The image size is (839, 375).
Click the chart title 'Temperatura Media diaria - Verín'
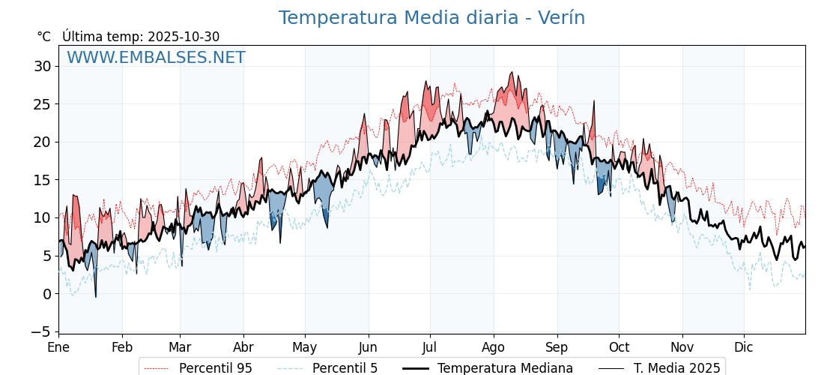pos(431,18)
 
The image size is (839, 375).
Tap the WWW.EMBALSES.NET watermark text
pos(156,58)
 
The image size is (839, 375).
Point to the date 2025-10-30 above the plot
pos(184,37)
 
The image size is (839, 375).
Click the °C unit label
pos(43,37)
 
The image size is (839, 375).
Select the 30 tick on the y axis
pos(42,66)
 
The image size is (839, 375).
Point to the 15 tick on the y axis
pos(42,180)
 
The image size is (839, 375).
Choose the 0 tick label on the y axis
pos(46,293)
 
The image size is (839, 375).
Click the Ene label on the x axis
pos(58,347)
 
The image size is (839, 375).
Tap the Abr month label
pos(243,347)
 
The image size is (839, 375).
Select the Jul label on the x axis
pos(430,347)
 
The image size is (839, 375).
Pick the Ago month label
pos(494,347)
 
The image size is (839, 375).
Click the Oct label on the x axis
pos(619,347)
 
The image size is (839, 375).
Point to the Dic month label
pos(744,347)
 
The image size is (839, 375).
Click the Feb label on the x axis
pos(122,347)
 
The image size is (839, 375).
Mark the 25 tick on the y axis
pos(42,104)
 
